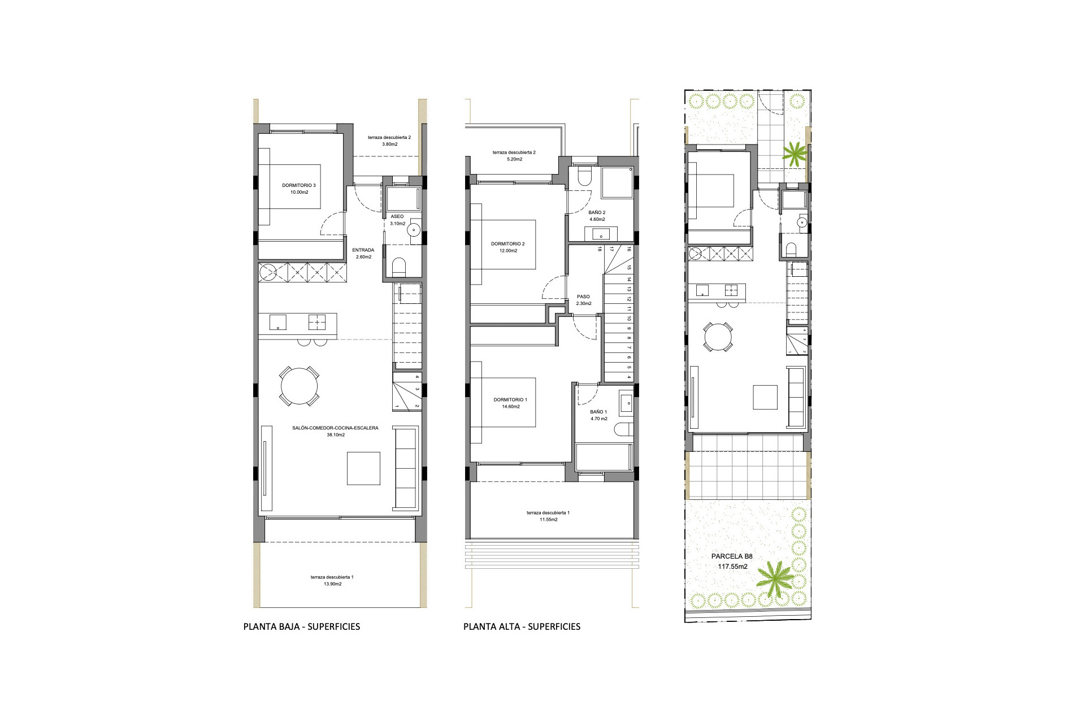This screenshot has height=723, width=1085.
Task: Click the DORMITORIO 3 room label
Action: (x=299, y=185)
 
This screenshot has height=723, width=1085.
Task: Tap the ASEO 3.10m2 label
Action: (x=397, y=220)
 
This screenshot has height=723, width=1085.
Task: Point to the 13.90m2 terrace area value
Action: (x=332, y=584)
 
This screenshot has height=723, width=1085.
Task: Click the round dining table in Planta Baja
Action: (x=299, y=386)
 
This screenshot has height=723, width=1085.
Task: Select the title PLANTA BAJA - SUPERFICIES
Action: (x=301, y=626)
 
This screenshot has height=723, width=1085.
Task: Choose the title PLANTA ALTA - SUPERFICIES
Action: (x=522, y=626)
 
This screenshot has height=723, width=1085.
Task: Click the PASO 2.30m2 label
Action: (x=583, y=300)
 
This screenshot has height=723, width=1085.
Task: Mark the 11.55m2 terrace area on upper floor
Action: (x=548, y=520)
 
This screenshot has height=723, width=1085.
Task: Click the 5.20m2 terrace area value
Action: (x=514, y=159)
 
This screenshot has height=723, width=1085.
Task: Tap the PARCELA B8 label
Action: (x=732, y=556)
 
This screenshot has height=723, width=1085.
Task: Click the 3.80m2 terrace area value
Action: (x=389, y=144)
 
